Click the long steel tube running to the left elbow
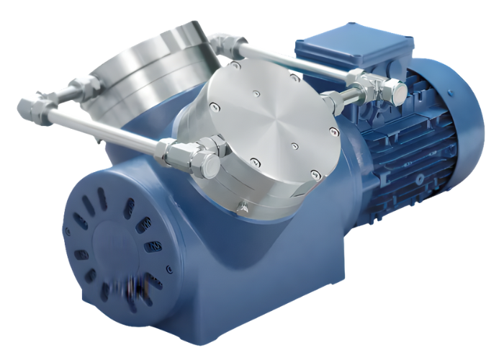pyautogui.click(x=101, y=130)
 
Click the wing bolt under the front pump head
pyautogui.click(x=243, y=207)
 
